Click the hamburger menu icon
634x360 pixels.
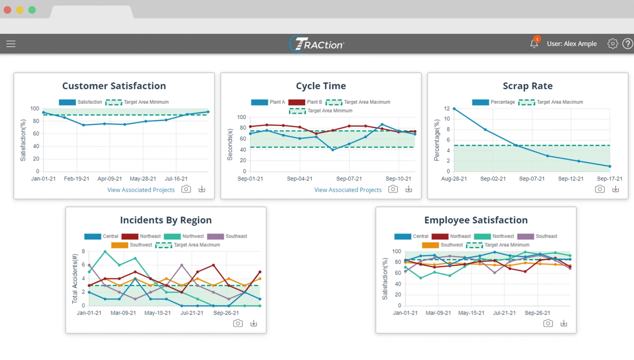(11, 44)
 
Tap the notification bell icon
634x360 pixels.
(534, 43)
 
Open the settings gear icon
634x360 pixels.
(612, 43)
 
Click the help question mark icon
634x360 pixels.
(627, 43)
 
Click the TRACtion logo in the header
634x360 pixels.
(317, 44)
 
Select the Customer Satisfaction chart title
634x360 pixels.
(114, 86)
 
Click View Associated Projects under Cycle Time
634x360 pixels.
(347, 190)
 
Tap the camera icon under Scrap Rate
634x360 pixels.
(600, 189)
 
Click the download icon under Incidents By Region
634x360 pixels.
(254, 323)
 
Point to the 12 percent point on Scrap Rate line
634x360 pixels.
(454, 109)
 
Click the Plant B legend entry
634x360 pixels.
(306, 102)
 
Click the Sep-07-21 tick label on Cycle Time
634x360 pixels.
(349, 179)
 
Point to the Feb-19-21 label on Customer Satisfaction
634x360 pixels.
(76, 179)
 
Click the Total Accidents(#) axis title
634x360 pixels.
(75, 279)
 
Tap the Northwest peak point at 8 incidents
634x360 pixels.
(105, 251)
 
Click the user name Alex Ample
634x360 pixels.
(572, 44)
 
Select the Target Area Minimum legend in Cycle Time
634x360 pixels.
(321, 111)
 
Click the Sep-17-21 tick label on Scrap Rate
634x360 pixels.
(609, 179)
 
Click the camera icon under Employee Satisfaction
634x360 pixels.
(548, 323)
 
